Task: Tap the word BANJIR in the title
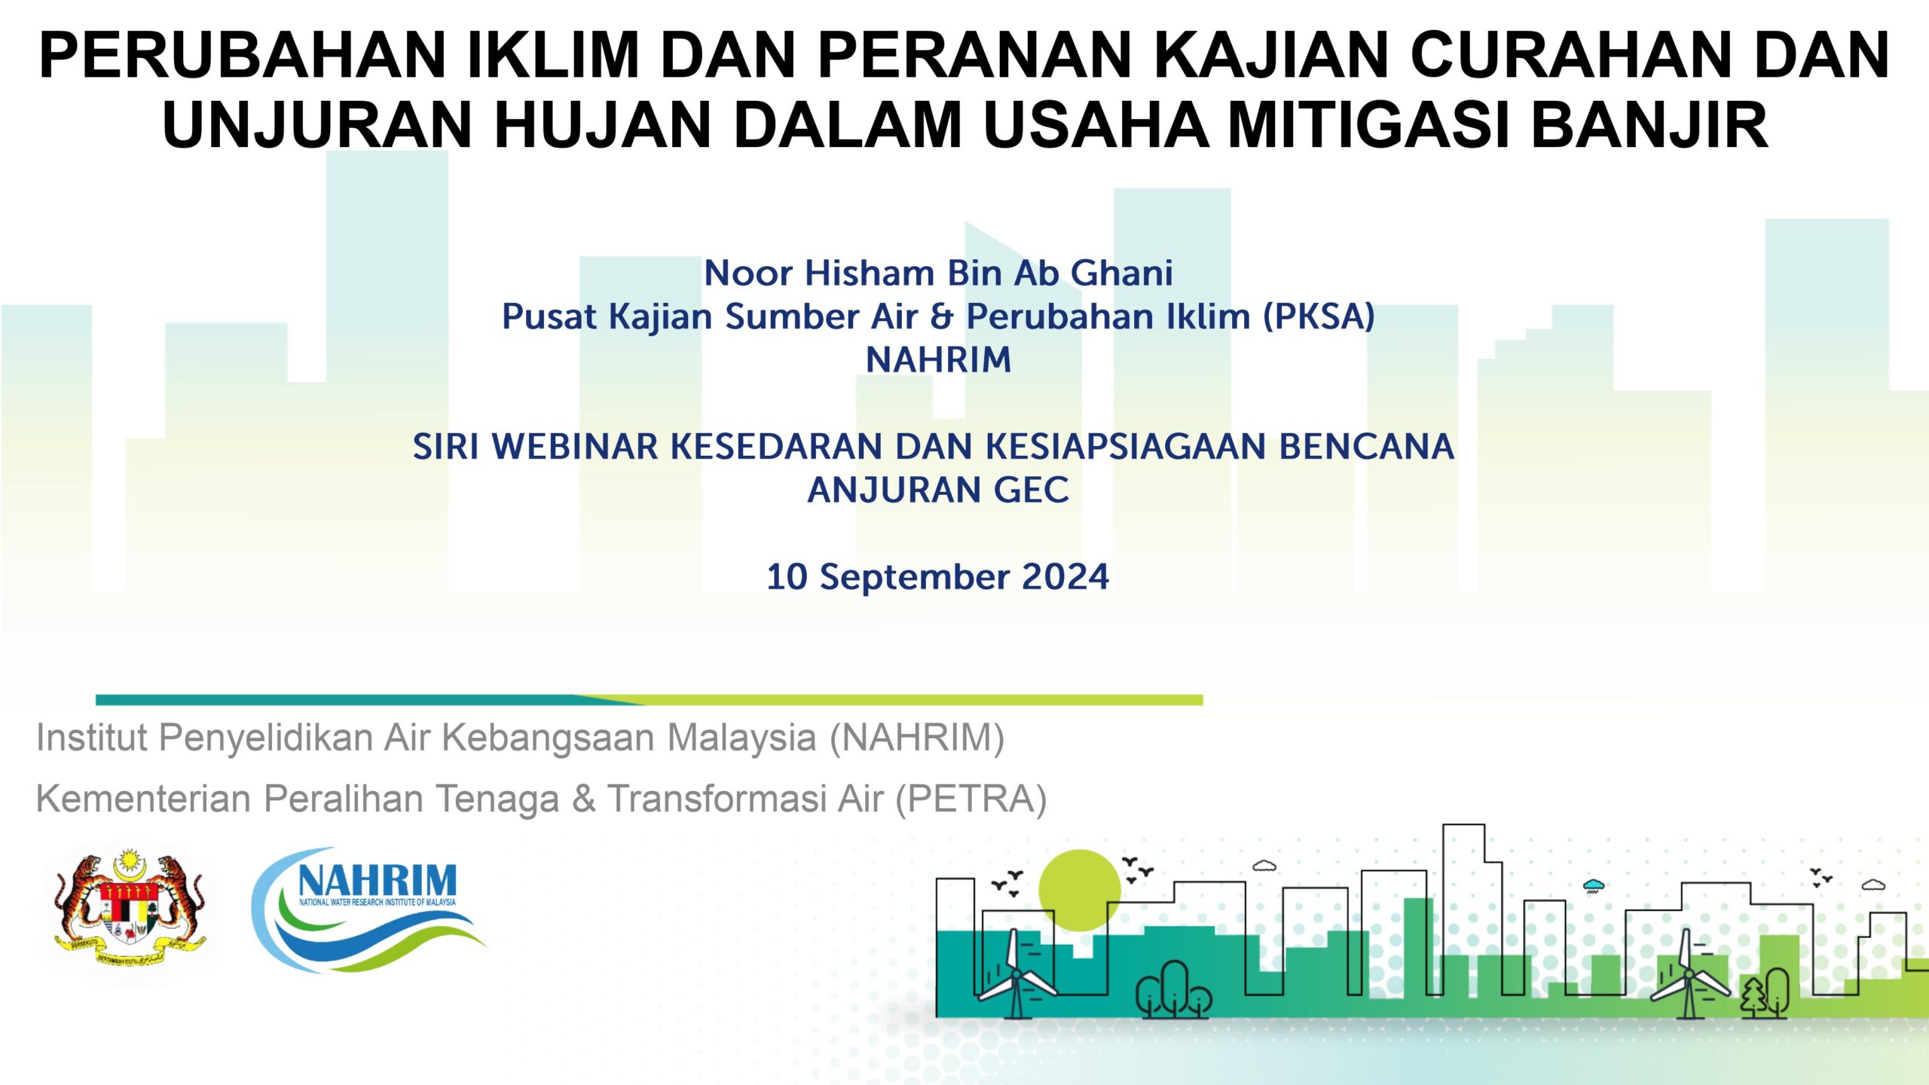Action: (1649, 124)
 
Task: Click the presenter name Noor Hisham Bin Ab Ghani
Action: (938, 274)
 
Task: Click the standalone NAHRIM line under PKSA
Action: (938, 360)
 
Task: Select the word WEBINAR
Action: (576, 447)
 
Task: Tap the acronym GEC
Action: (1031, 491)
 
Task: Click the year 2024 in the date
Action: (1065, 577)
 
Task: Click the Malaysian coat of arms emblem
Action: (130, 907)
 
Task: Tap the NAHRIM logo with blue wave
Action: (369, 909)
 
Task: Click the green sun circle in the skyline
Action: (1079, 890)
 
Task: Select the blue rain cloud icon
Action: (1593, 885)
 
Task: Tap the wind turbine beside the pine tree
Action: (1689, 974)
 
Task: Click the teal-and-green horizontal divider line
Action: (650, 700)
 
